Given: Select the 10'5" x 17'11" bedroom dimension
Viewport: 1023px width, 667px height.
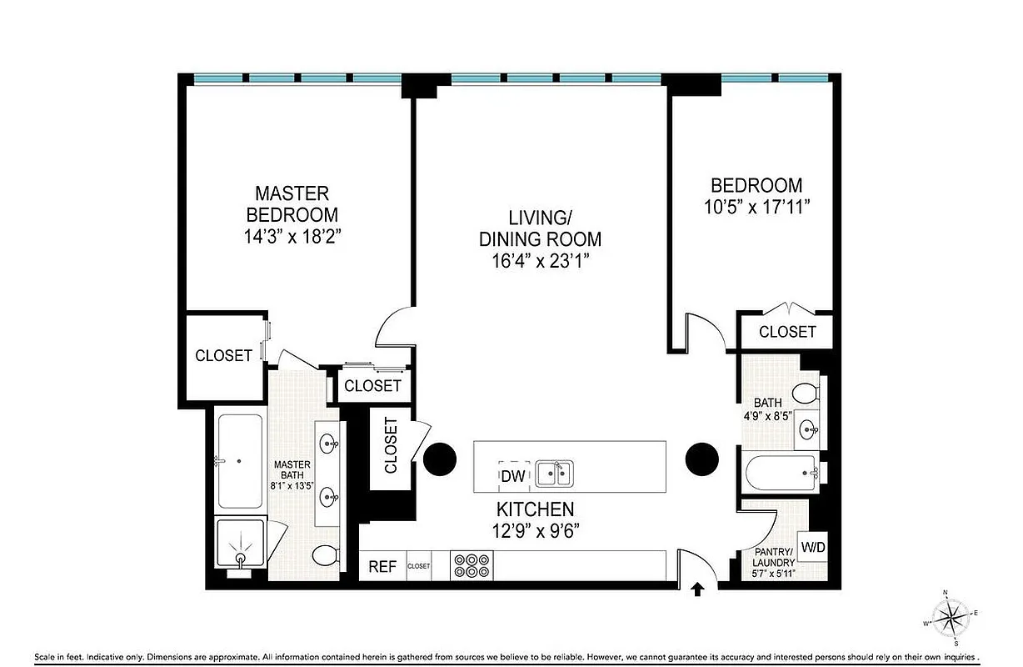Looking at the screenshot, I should click(756, 206).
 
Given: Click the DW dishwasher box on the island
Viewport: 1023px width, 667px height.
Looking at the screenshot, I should click(512, 475).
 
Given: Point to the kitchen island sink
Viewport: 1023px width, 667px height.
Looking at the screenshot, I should click(554, 474).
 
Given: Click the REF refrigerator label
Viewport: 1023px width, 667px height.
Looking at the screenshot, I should click(382, 567).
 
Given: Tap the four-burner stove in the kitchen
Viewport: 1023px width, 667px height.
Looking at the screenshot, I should click(472, 565).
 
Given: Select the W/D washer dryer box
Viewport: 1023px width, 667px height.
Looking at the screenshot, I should click(813, 548).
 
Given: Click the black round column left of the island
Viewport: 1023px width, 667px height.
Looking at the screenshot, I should click(439, 459).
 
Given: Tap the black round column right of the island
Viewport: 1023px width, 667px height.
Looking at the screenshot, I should click(701, 459).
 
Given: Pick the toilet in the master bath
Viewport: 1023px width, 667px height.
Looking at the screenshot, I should click(326, 554).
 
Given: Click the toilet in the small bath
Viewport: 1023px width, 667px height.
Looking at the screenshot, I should click(806, 392).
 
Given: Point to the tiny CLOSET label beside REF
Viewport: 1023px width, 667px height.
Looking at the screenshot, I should click(419, 566).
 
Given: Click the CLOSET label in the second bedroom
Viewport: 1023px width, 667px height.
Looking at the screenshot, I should click(787, 332).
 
